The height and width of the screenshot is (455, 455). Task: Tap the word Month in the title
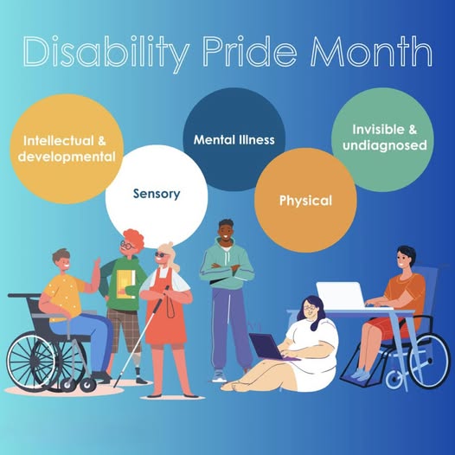(x=372, y=51)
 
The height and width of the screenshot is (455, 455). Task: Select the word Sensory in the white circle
(x=157, y=194)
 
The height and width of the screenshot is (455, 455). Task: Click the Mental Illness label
(x=234, y=140)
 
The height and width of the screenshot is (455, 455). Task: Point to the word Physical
(x=305, y=201)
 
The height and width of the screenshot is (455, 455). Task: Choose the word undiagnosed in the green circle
(x=385, y=145)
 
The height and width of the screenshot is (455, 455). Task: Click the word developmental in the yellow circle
(x=67, y=157)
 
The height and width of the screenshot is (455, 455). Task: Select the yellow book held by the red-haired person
(x=126, y=284)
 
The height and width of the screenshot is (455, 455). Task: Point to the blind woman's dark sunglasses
(x=161, y=255)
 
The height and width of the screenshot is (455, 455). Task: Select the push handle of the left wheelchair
(x=18, y=295)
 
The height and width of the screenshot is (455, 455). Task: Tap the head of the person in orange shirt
(x=406, y=258)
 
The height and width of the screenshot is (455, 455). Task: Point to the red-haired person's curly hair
(x=134, y=237)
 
